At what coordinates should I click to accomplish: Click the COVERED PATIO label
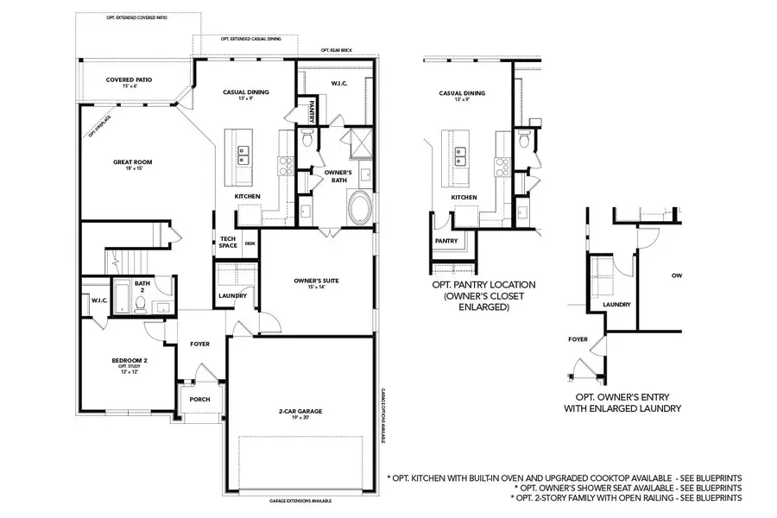(129, 79)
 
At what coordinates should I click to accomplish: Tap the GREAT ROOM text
(133, 161)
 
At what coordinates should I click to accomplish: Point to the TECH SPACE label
(228, 243)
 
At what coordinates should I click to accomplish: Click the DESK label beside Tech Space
(250, 243)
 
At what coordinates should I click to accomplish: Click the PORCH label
(199, 399)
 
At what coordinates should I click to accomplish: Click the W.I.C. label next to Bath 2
(98, 300)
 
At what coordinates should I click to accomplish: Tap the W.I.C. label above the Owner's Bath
(338, 84)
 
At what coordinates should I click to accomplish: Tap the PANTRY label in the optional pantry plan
(446, 241)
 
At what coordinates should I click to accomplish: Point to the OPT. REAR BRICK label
(338, 50)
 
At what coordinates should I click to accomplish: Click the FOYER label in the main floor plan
(199, 344)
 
